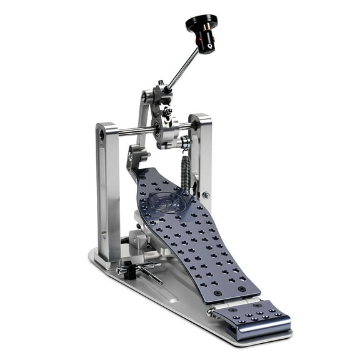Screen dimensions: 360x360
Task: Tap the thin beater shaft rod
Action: [x=183, y=69]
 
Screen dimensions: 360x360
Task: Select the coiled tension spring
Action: [x=186, y=171]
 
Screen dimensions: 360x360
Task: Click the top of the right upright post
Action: [x=200, y=119]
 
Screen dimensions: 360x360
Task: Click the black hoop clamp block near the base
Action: [x=130, y=270]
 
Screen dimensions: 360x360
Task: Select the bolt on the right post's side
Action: [x=206, y=194]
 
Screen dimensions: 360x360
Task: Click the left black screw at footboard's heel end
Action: [x=216, y=292]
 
